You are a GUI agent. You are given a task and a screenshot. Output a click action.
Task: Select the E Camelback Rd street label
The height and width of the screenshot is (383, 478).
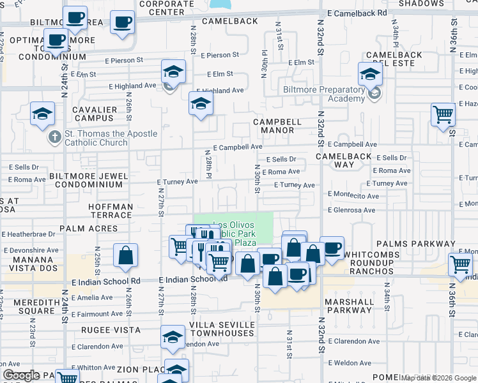(357, 13)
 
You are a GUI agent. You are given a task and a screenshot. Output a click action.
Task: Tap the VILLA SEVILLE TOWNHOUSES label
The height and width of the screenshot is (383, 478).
(222, 329)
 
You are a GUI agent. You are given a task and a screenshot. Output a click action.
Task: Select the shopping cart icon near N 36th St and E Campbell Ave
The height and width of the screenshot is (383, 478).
(443, 115)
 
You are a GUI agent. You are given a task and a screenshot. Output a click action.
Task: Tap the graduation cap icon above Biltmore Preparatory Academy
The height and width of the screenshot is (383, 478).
(370, 74)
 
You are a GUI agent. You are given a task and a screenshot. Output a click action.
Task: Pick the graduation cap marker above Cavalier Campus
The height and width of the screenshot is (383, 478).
(43, 114)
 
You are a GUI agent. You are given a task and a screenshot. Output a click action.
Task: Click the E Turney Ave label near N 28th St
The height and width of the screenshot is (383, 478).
(178, 182)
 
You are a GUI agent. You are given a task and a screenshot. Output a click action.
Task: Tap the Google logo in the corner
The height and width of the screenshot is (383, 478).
(22, 375)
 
